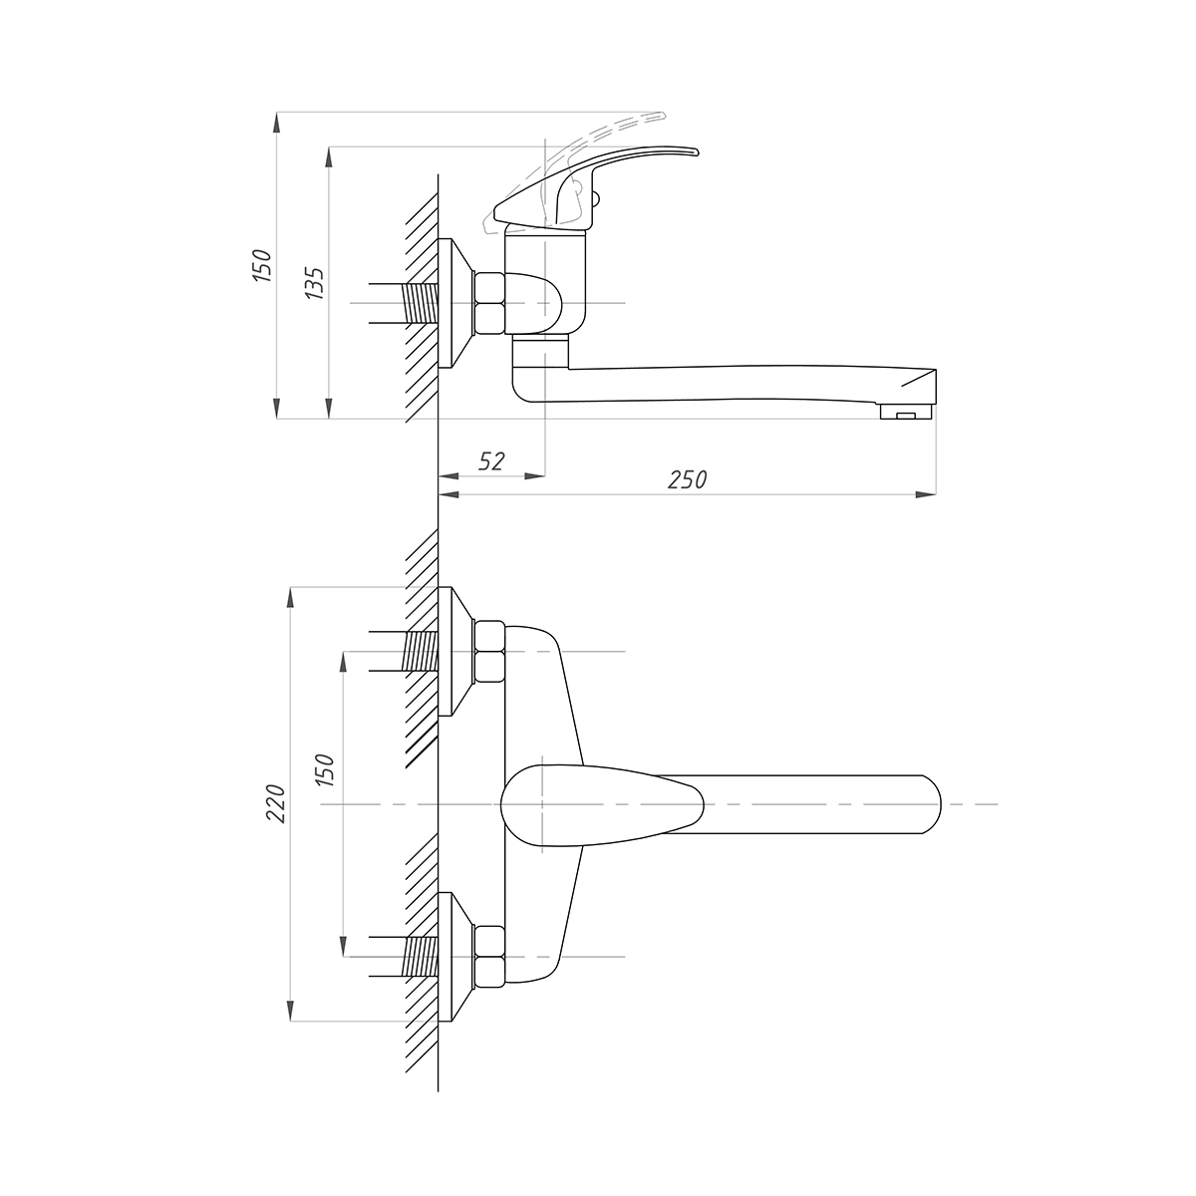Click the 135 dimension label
tap(314, 284)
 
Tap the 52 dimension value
tap(491, 461)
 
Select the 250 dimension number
tap(687, 479)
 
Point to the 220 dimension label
tap(276, 803)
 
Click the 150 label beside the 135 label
tap(262, 265)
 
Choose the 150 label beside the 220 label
tap(325, 769)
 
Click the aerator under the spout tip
tap(906, 411)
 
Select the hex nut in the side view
tap(489, 303)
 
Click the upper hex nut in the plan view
tap(489, 652)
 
